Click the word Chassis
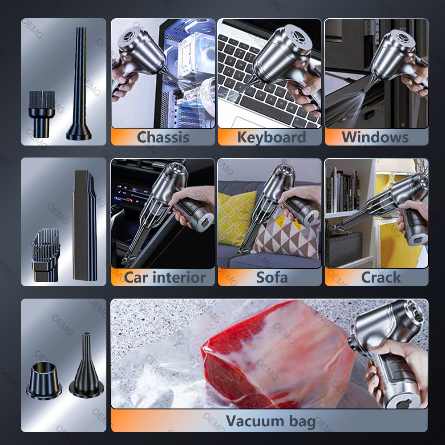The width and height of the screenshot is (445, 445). click(x=163, y=138)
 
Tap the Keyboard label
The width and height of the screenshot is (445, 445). click(x=271, y=138)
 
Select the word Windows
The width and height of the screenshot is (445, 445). click(x=375, y=138)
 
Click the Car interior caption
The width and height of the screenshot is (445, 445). click(x=165, y=277)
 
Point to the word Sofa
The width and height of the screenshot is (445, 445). click(x=271, y=277)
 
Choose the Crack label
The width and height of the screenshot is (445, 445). click(x=381, y=277)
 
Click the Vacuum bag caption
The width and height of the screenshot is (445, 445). click(x=271, y=421)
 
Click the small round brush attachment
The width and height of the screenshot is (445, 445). click(x=41, y=114)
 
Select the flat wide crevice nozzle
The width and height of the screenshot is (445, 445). click(x=85, y=226)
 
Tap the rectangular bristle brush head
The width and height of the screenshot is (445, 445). click(x=46, y=255)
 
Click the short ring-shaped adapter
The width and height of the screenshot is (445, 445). click(x=44, y=380)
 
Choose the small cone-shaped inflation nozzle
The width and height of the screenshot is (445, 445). click(x=86, y=366)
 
